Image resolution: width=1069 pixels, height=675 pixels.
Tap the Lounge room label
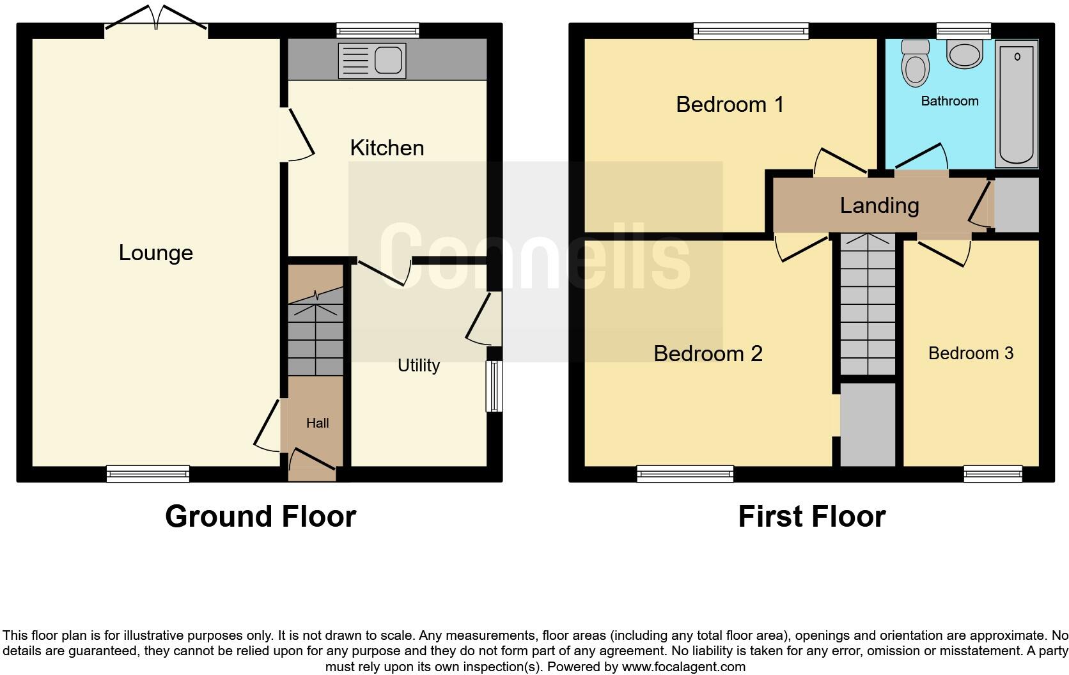pyautogui.click(x=155, y=252)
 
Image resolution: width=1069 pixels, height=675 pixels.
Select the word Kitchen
pyautogui.click(x=387, y=148)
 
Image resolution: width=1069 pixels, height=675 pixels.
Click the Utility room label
pyautogui.click(x=418, y=365)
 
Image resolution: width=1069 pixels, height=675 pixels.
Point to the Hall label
pyautogui.click(x=317, y=423)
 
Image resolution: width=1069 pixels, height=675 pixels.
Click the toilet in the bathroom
pyautogui.click(x=915, y=63)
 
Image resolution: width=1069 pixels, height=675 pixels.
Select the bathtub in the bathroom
pyautogui.click(x=1016, y=102)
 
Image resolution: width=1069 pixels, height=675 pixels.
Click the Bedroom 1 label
pyautogui.click(x=730, y=104)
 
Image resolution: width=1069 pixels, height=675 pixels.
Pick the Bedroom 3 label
pyautogui.click(x=971, y=353)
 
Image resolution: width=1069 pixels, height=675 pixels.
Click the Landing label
pyautogui.click(x=879, y=205)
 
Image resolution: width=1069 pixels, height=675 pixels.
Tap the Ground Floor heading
pyautogui.click(x=260, y=516)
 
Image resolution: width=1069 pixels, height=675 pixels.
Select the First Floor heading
pyautogui.click(x=811, y=516)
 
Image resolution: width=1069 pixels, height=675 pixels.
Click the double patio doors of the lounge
pyautogui.click(x=156, y=19)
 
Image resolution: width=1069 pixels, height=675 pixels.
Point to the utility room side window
pyautogui.click(x=494, y=386)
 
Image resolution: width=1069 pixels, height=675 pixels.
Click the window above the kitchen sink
pyautogui.click(x=378, y=30)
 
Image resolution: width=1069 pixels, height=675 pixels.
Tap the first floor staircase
pyautogui.click(x=867, y=304)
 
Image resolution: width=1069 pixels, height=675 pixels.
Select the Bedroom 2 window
pyautogui.click(x=685, y=474)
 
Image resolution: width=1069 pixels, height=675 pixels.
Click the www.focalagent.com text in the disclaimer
pyautogui.click(x=683, y=667)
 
